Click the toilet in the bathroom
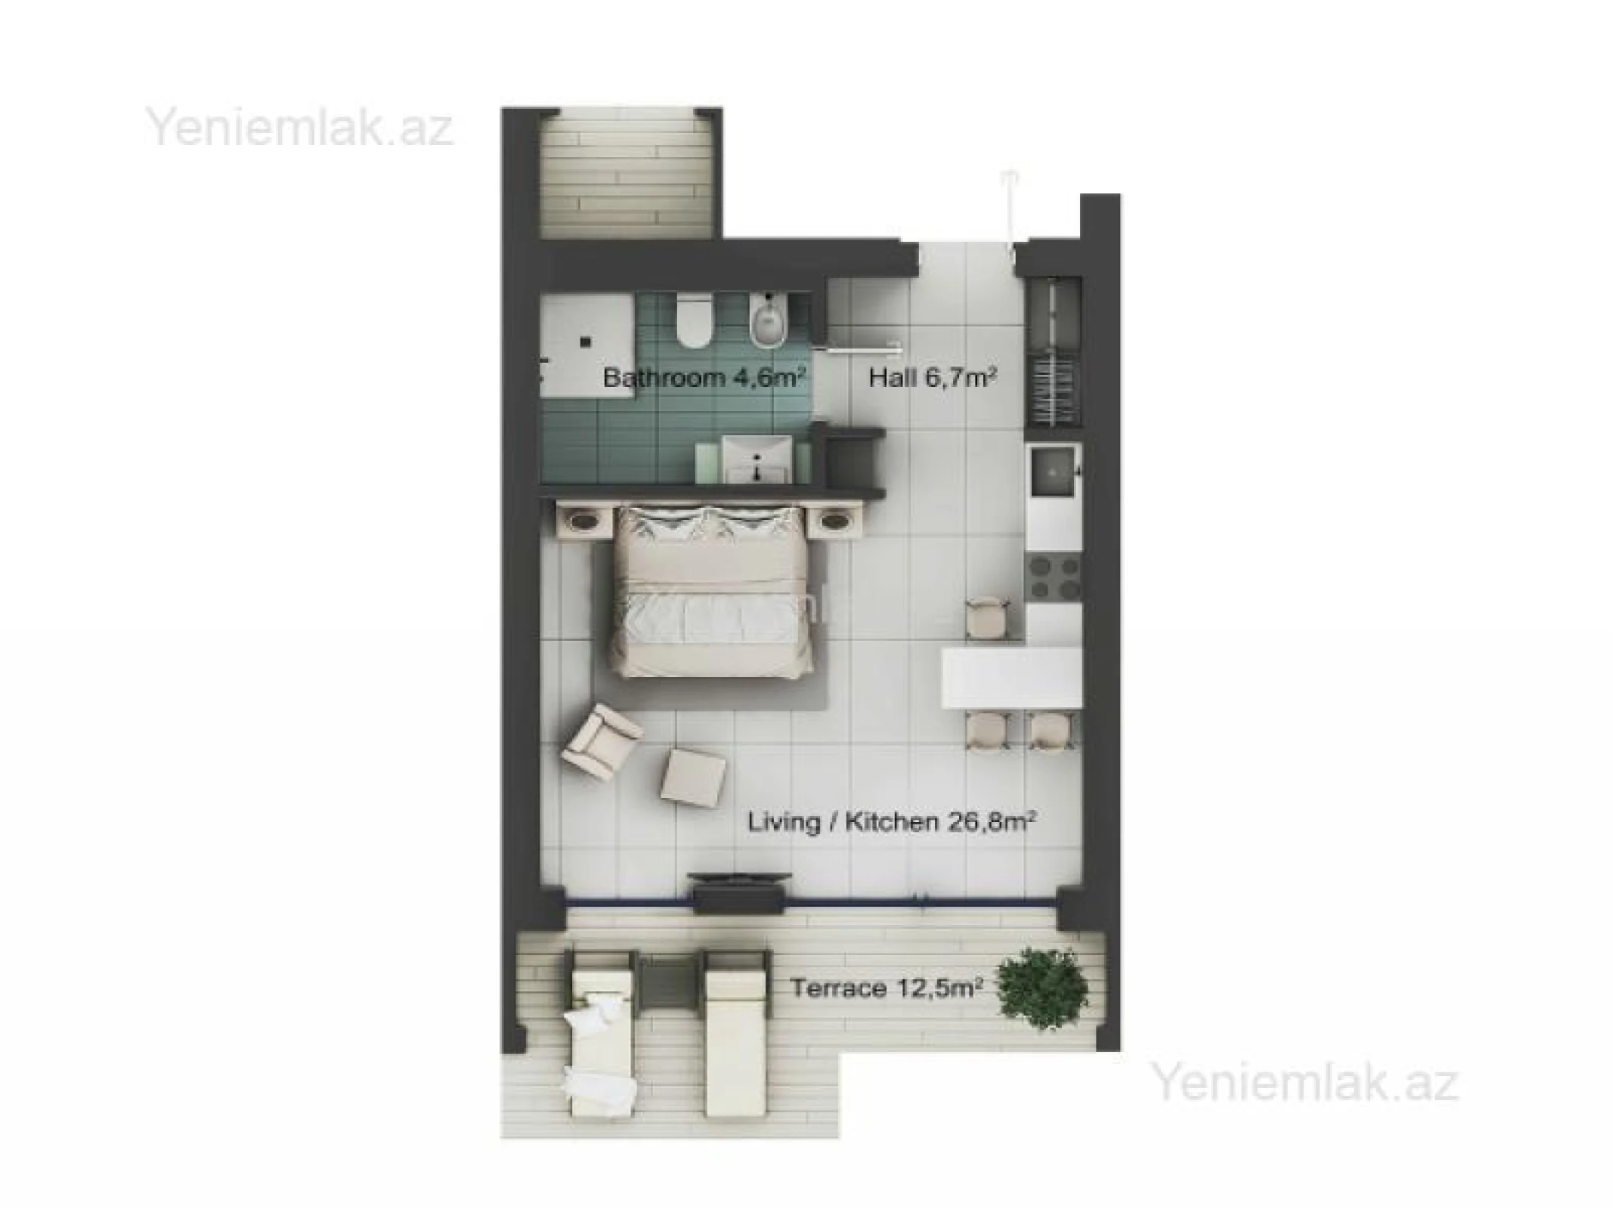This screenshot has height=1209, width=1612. pyautogui.click(x=694, y=323)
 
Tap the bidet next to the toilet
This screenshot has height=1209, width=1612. pyautogui.click(x=770, y=321)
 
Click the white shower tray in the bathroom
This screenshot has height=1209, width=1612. pyautogui.click(x=586, y=344)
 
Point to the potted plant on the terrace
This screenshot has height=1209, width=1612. pyautogui.click(x=1043, y=988)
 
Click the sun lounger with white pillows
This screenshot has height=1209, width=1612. pyautogui.click(x=599, y=1043)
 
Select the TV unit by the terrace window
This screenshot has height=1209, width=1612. pyautogui.click(x=739, y=892)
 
